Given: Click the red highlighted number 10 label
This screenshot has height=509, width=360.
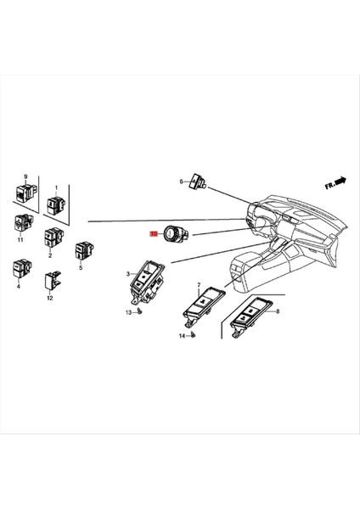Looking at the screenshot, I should (x=155, y=232).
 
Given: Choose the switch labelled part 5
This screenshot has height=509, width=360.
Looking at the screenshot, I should (x=84, y=251).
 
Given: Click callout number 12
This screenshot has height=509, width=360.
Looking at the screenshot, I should (x=50, y=299).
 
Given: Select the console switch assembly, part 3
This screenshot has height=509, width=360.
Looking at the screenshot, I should (x=146, y=284).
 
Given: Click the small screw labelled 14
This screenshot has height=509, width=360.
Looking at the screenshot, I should (x=193, y=336).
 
